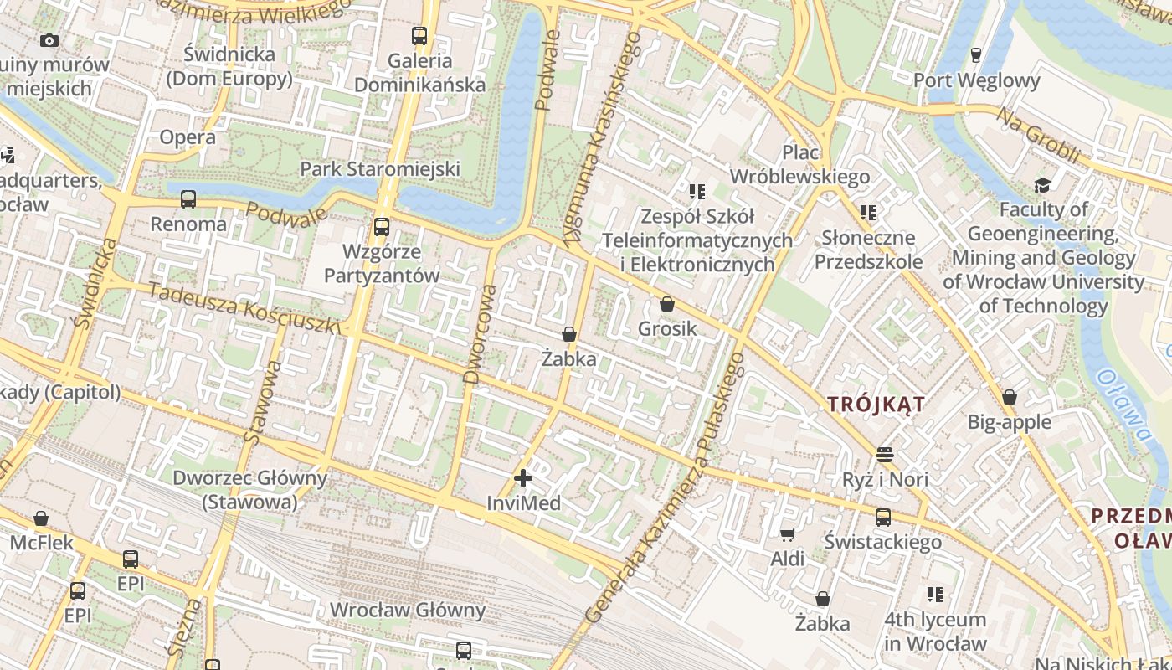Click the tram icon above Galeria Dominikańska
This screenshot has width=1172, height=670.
[x=419, y=36]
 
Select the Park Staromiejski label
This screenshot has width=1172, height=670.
[x=380, y=169]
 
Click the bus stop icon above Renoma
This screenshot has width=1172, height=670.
[x=188, y=199]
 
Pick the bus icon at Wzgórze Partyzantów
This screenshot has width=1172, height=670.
[x=382, y=226]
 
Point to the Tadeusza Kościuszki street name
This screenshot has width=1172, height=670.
[x=244, y=307]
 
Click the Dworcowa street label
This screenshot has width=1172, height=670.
[x=481, y=334]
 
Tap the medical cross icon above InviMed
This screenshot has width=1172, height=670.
[x=523, y=478]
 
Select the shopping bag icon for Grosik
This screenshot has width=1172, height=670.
[x=667, y=304]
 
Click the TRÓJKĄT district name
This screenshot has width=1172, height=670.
[x=876, y=405]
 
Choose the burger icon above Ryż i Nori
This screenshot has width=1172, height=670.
[x=885, y=455]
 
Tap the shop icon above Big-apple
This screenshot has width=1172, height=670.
[x=1010, y=397]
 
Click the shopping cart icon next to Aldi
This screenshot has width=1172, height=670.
[x=787, y=534]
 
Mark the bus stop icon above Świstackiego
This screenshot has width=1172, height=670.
[x=883, y=518]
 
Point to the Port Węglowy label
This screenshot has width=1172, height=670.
[x=976, y=80]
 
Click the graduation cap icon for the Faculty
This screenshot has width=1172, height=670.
[x=1042, y=185]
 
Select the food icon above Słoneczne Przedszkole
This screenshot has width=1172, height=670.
[x=868, y=213]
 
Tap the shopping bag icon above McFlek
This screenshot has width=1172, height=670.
[x=41, y=519]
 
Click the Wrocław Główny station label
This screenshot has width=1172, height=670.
[x=408, y=610]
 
